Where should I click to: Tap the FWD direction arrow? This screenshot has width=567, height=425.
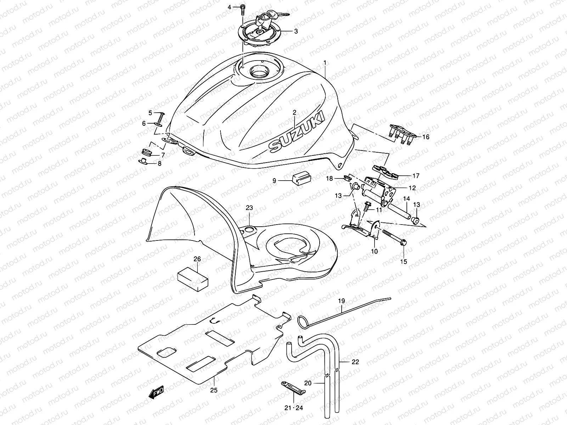(x=156, y=392)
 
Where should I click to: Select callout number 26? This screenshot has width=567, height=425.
(x=197, y=259)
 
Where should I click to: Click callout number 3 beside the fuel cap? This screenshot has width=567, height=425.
(x=296, y=31)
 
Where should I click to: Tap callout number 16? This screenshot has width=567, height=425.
(x=426, y=137)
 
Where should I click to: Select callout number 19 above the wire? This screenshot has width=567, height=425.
(x=341, y=301)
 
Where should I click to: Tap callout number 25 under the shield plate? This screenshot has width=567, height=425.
(x=214, y=390)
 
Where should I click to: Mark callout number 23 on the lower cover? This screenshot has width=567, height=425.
(x=249, y=208)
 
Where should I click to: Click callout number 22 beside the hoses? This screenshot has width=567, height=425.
(x=355, y=362)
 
